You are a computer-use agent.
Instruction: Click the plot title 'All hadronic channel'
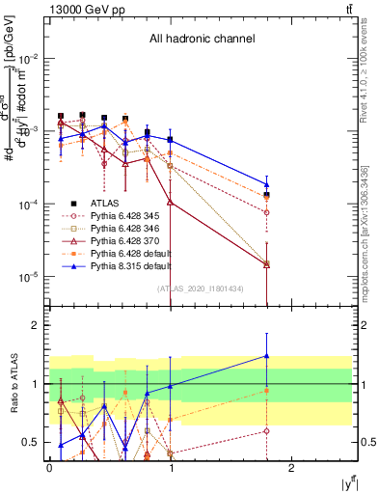click(x=202, y=40)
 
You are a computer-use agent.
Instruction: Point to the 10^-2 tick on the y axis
click(x=30, y=58)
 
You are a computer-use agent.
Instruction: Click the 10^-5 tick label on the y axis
click(x=30, y=276)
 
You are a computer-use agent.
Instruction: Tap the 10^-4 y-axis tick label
click(x=30, y=204)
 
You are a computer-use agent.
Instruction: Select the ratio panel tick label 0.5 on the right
click(x=368, y=443)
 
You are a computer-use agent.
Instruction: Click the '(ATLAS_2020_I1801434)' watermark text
click(x=202, y=288)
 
